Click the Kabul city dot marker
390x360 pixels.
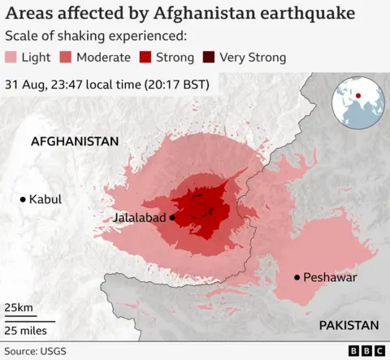pos(23,199)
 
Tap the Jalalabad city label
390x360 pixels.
pos(140,219)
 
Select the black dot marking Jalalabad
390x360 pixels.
pos(173,218)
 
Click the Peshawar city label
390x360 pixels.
pos(331,278)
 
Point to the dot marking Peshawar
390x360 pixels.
pos(297,278)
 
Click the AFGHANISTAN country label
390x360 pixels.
pos(75,141)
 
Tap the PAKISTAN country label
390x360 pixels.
pos(349,325)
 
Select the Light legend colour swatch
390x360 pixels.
pos(12,58)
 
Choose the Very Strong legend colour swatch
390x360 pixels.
pos(210,58)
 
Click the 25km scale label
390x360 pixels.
pos(18,308)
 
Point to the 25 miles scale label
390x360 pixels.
pos(25,330)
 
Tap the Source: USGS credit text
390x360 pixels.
pos(36,350)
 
